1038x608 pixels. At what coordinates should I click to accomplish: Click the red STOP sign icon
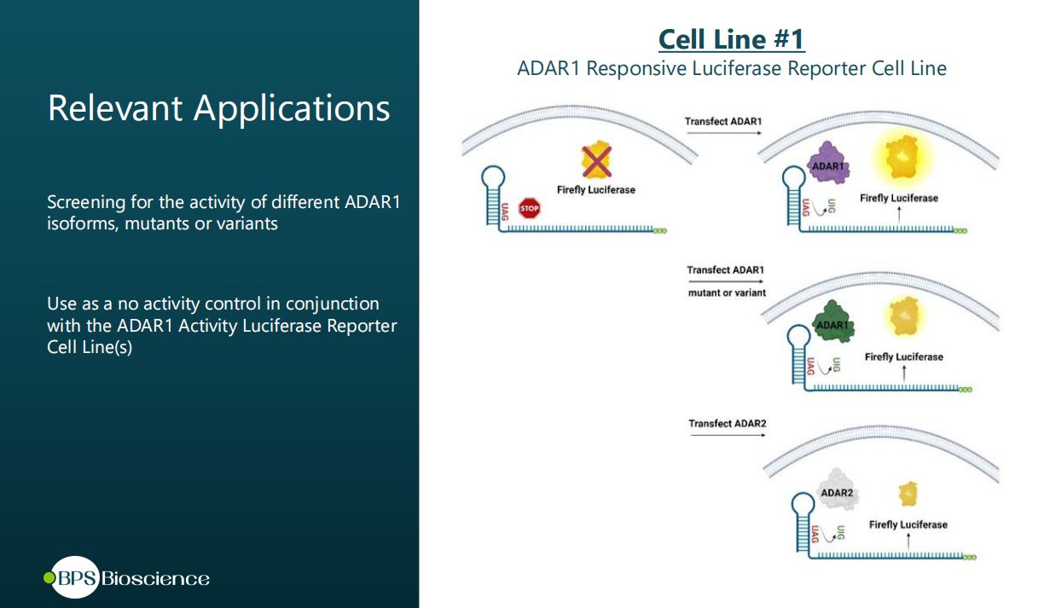(530, 208)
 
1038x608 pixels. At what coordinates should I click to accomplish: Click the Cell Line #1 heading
(731, 39)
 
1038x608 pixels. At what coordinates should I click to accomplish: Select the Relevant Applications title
(219, 108)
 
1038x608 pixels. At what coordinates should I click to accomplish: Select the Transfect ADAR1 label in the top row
(723, 122)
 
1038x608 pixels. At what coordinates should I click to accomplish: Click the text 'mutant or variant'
(727, 292)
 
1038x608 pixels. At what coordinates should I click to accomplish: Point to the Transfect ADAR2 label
(728, 423)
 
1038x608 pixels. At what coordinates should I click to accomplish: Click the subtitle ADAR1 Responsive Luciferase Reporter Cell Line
(731, 68)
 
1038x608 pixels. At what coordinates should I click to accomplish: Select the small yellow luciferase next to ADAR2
(909, 493)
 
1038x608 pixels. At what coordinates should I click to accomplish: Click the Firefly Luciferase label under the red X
(596, 189)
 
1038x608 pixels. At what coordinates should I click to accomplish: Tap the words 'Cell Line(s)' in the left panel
(90, 348)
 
